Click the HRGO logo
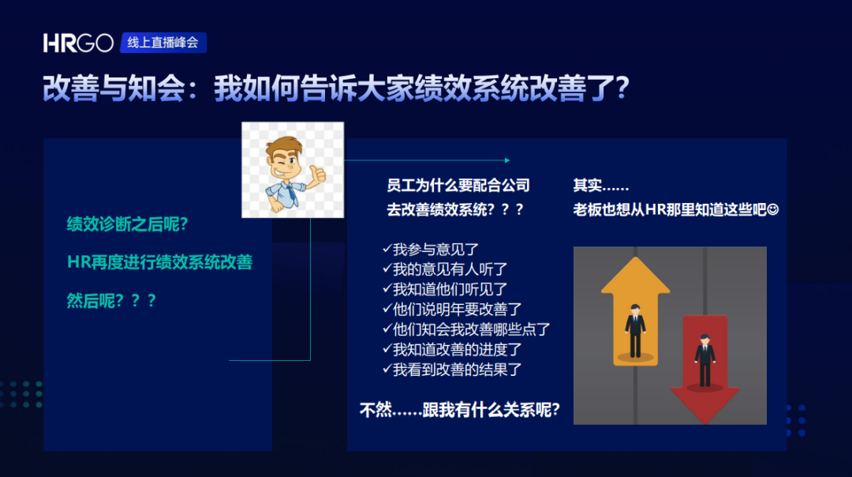[x=78, y=43]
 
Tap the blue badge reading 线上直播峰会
[x=163, y=43]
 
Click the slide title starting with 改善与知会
[x=336, y=88]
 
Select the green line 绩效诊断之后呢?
[x=127, y=224]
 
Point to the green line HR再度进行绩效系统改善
[x=159, y=262]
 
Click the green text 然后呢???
[x=111, y=300]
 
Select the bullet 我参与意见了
[x=431, y=249]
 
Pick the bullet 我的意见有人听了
[x=444, y=269]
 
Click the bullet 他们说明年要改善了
[x=452, y=309]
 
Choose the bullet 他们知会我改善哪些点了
[x=466, y=329]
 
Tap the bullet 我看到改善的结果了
[x=452, y=370]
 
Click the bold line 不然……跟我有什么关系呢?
[x=460, y=410]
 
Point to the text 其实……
[x=601, y=186]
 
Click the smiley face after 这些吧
[x=773, y=209]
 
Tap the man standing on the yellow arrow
[x=634, y=331]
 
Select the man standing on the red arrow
[x=704, y=361]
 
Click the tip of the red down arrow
[x=704, y=423]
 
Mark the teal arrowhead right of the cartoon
[x=507, y=160]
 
